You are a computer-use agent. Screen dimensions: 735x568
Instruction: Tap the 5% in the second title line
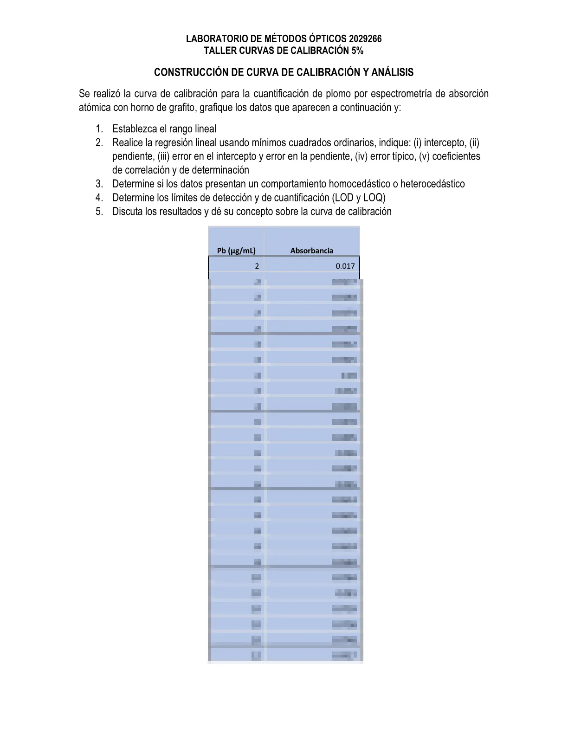pos(357,51)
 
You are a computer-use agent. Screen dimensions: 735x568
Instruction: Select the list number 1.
pos(99,129)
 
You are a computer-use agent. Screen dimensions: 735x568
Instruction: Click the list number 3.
pos(99,184)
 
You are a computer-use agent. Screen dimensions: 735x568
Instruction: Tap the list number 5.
pos(99,212)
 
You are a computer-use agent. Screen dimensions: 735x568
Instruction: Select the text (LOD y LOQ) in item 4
pos(359,198)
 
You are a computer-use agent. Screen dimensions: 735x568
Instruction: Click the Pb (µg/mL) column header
pos(236,251)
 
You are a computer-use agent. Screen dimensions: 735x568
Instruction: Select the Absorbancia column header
pos(312,251)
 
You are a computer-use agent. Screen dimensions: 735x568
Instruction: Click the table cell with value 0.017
pos(345,266)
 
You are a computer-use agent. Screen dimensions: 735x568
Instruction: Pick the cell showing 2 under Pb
pos(257,266)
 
